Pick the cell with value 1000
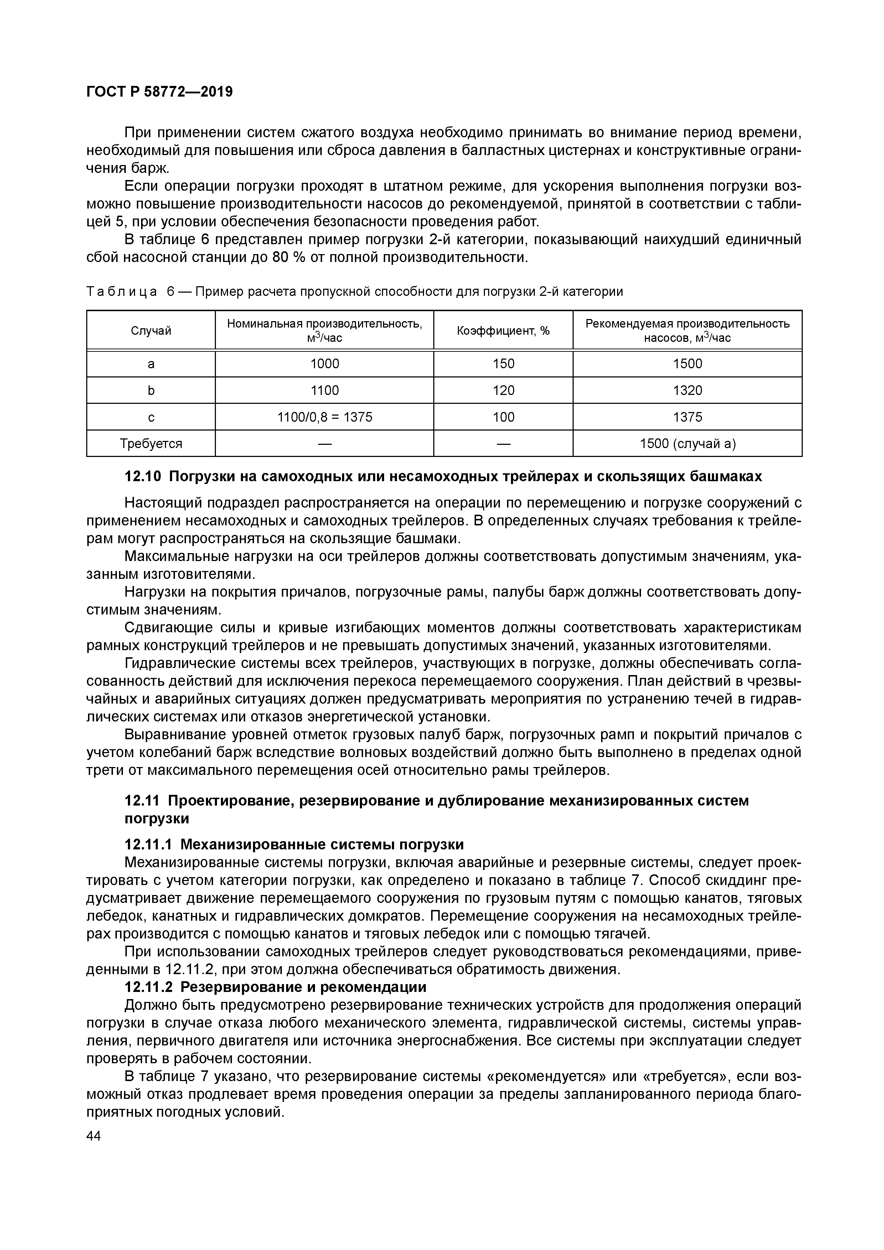pos(325,364)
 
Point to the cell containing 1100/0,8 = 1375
pos(325,417)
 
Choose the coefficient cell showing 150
pos(503,364)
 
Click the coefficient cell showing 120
pos(503,390)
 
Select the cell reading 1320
pos(687,390)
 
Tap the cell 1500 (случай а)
pos(687,444)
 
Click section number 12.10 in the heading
pos(143,477)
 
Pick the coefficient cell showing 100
pos(503,417)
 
